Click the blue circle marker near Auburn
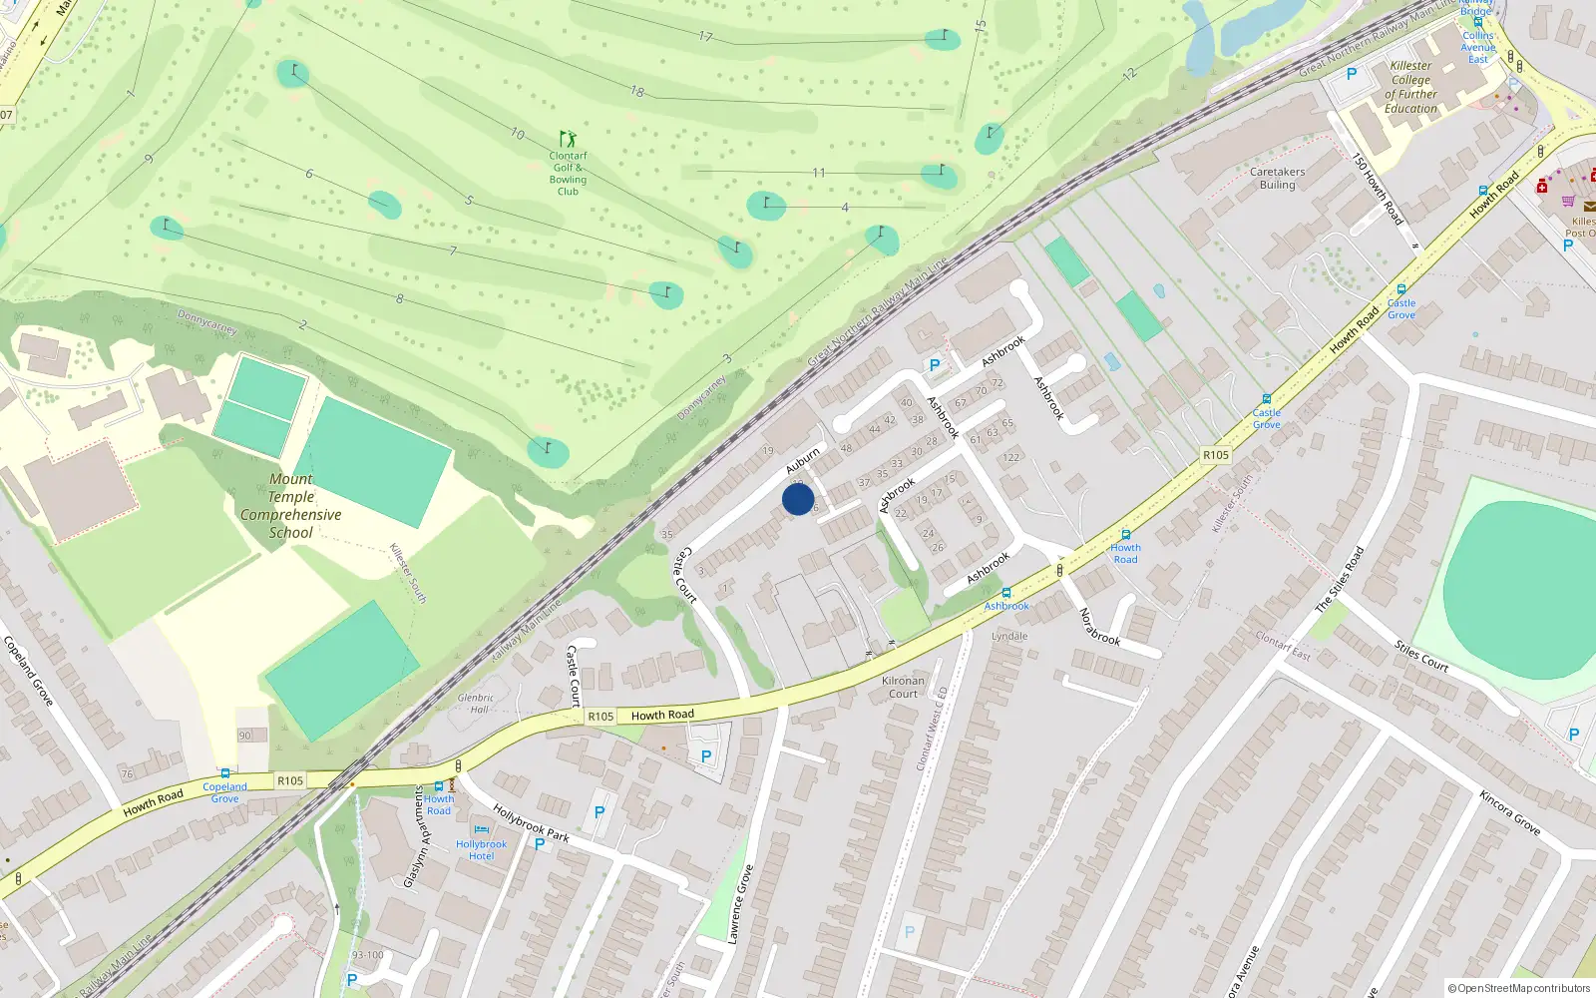[x=798, y=499]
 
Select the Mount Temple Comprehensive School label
[x=290, y=506]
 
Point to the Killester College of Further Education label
[x=1410, y=87]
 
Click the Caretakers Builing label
[x=1277, y=178]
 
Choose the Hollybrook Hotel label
[x=481, y=849]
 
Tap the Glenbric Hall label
[x=476, y=704]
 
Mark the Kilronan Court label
[x=903, y=687]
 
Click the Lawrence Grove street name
[x=740, y=904]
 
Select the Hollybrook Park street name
[x=531, y=823]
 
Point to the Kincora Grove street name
[x=1509, y=812]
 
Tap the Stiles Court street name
[x=1421, y=656]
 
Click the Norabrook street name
[x=1099, y=627]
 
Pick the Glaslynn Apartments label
[x=416, y=836]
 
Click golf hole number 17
[x=705, y=37]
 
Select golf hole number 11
[x=818, y=173]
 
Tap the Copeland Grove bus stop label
[x=224, y=792]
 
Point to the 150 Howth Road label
[x=1378, y=188]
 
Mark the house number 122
[x=1011, y=458]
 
